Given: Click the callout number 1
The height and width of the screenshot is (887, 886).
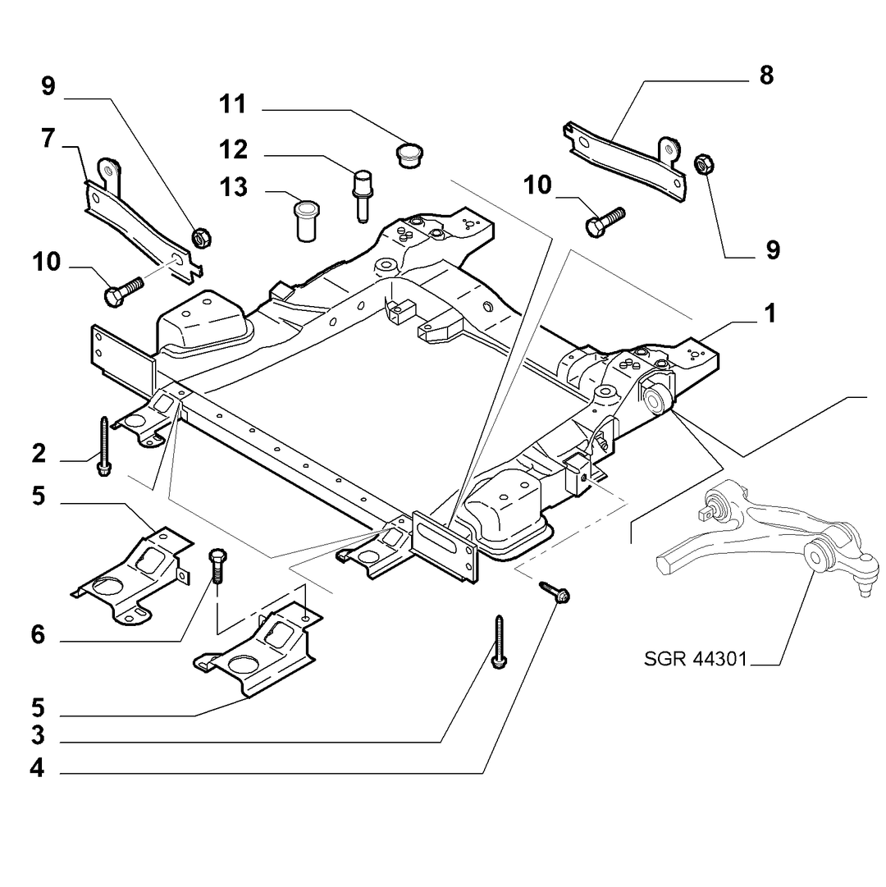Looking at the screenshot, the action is pos(770,313).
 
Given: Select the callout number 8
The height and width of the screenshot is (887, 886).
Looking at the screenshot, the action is pos(766,75).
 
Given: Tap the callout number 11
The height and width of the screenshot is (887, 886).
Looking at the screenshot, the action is pos(233,104).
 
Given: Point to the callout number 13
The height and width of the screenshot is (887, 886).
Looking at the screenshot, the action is pos(234,187).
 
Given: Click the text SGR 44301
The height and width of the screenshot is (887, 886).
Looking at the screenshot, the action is pos(696,658).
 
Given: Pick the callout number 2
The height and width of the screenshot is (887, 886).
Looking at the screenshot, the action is pos(39,453).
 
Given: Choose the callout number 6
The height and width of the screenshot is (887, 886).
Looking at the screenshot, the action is pos(38,635).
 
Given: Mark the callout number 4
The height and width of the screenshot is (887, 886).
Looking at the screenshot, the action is pos(37,768).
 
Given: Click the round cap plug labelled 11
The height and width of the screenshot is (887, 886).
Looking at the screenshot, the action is pos(409,154).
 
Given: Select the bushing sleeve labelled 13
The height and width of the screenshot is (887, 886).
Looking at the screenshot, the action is pos(307,220).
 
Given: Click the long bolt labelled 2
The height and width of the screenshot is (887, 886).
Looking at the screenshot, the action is pos(105,446).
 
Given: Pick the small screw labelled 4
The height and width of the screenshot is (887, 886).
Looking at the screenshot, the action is pos(555,592).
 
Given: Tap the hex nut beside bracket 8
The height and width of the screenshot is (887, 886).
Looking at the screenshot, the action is pos(703,164).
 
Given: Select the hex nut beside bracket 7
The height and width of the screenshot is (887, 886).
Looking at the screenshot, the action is pos(202,237).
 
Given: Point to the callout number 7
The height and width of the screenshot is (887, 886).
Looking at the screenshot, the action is pos(48,138).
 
